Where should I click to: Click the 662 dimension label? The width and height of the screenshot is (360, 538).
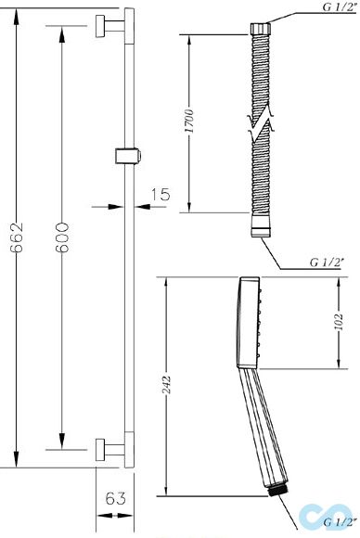[x=17, y=237]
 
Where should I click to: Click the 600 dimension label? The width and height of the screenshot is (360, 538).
[x=62, y=237]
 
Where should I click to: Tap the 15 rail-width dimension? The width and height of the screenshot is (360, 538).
[x=161, y=194]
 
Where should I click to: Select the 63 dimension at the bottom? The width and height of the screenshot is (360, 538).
[x=116, y=498]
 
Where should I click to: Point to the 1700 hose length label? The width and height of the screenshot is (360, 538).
[x=189, y=122]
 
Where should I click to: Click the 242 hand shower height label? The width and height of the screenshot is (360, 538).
[x=166, y=385]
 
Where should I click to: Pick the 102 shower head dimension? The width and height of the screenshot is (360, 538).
[x=339, y=321]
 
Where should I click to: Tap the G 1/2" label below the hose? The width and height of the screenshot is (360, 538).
[x=327, y=263]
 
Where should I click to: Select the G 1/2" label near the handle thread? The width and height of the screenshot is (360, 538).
[x=339, y=522]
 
